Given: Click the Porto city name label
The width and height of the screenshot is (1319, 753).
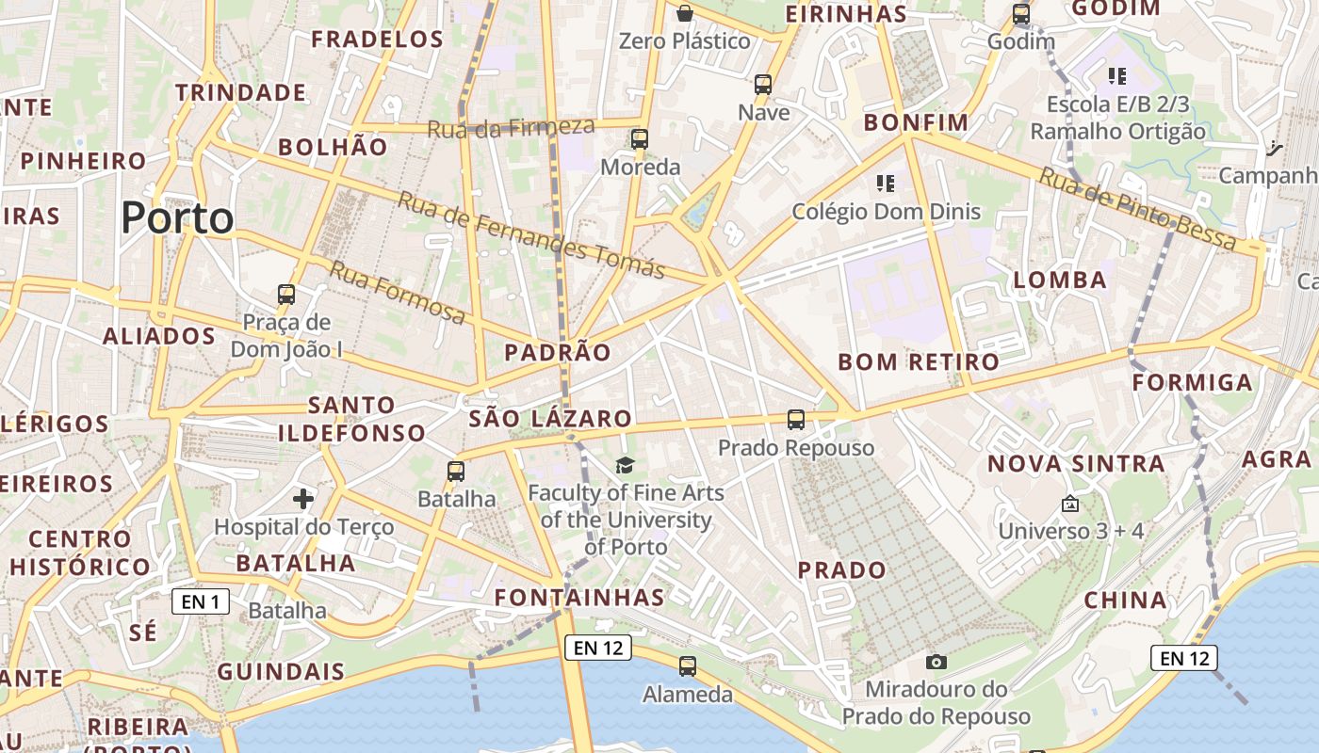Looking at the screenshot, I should [x=177, y=218].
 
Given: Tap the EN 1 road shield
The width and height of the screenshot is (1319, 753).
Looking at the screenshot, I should [x=201, y=601].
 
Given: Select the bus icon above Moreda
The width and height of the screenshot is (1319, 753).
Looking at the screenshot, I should [x=640, y=139].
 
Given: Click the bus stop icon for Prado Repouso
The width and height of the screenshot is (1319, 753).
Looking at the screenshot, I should [x=796, y=419].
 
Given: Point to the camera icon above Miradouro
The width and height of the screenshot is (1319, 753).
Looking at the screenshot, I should [x=936, y=662].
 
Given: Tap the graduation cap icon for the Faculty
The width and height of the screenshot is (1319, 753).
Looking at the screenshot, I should [x=626, y=465].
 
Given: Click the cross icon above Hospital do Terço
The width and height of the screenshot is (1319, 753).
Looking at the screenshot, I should [x=303, y=498].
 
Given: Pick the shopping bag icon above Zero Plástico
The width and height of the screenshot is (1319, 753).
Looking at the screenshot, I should [x=685, y=13].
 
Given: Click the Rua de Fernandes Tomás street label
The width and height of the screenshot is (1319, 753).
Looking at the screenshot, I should [x=530, y=234].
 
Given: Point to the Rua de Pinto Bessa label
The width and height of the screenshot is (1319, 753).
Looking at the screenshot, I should [x=1137, y=209].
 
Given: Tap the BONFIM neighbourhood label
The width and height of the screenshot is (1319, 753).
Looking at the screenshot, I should [x=916, y=122].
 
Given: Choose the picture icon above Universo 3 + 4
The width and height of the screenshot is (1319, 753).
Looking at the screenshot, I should [x=1069, y=505].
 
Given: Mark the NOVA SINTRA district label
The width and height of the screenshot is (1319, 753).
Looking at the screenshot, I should [x=1076, y=463].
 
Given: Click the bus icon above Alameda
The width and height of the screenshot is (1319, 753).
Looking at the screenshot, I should [x=688, y=666].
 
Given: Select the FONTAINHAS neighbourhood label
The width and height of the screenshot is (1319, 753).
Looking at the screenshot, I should [x=579, y=597].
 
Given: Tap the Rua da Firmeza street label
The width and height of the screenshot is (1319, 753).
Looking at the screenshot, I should [x=511, y=127].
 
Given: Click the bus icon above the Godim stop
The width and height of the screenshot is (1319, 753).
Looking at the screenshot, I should [x=1020, y=14].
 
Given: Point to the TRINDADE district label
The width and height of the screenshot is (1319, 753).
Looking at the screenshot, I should [x=240, y=92].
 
